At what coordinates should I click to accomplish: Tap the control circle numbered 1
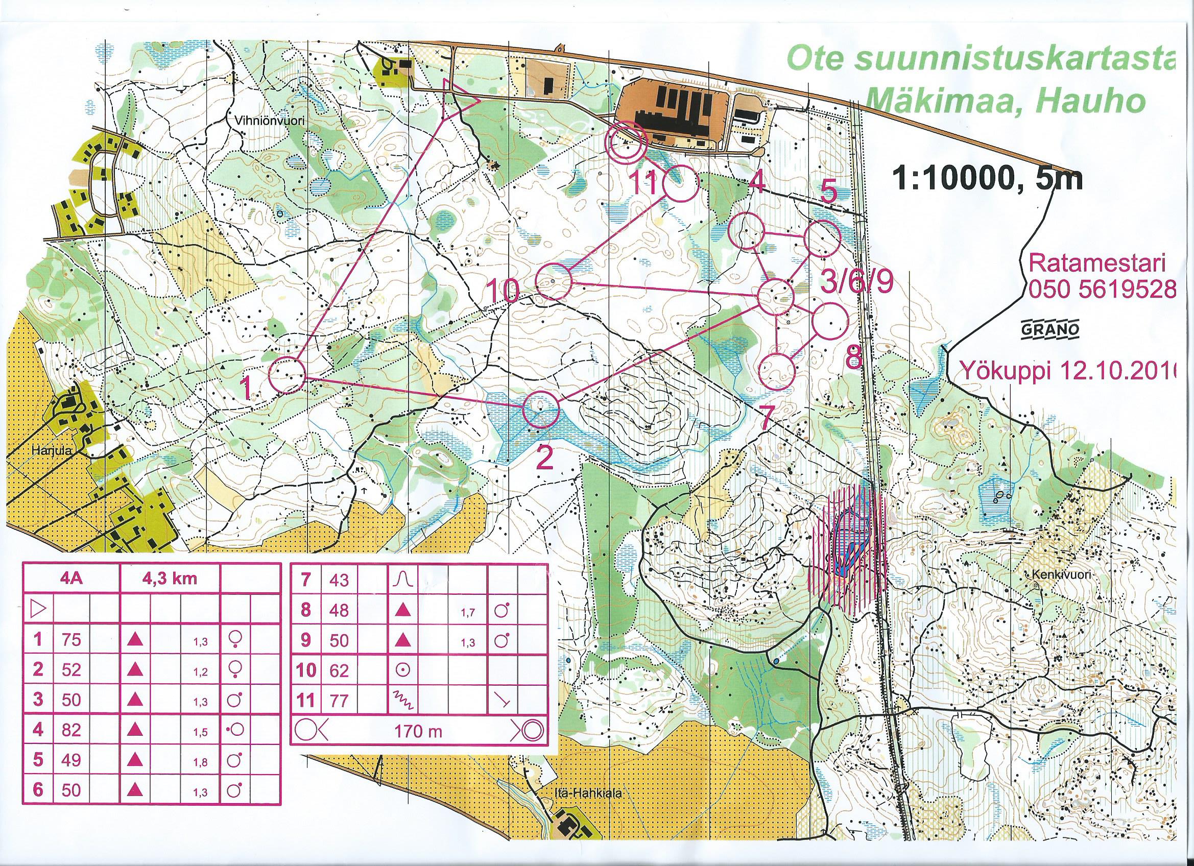[x=288, y=375]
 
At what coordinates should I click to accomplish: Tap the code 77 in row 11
[x=339, y=701]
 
